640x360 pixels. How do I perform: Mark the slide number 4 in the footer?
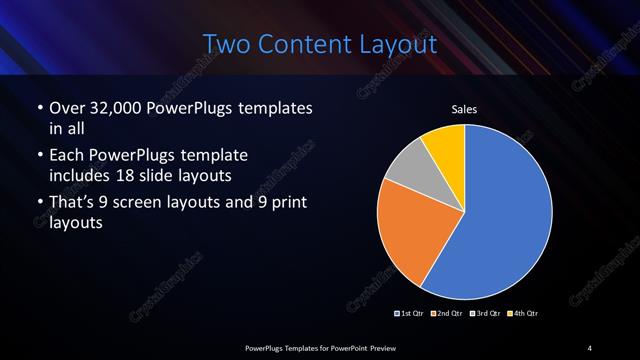click(590, 347)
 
